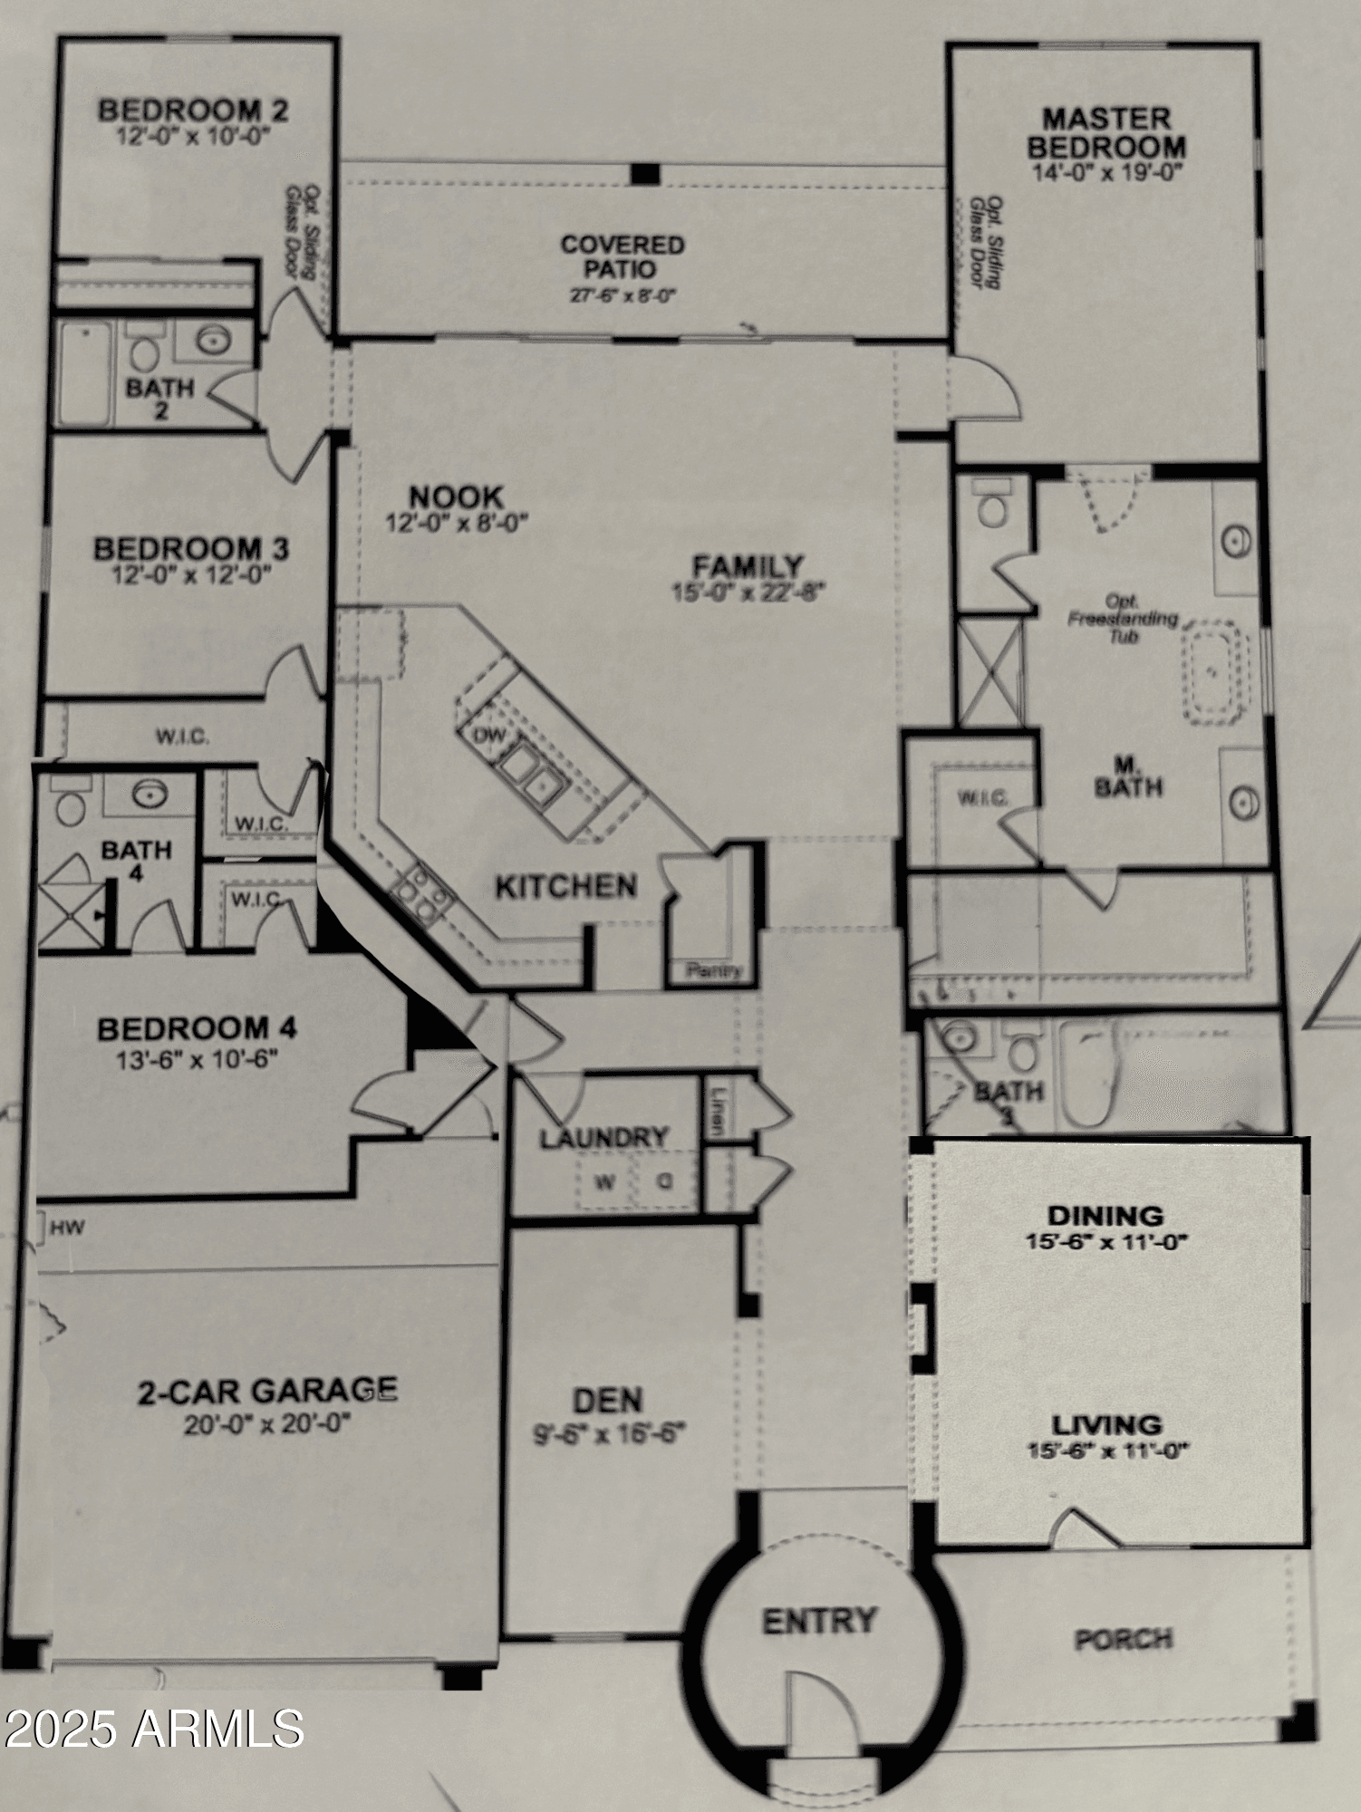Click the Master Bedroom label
1105,132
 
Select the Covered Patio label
623,256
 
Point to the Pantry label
714,970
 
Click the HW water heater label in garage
67,1229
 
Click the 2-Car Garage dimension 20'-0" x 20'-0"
267,1425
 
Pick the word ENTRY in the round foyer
819,1621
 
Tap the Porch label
1124,1639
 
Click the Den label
608,1400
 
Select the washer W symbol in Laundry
603,1182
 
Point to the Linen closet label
716,1113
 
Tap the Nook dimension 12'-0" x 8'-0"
457,524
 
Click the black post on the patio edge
645,173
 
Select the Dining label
1105,1215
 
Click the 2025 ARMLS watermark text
152,1728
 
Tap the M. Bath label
1127,778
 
